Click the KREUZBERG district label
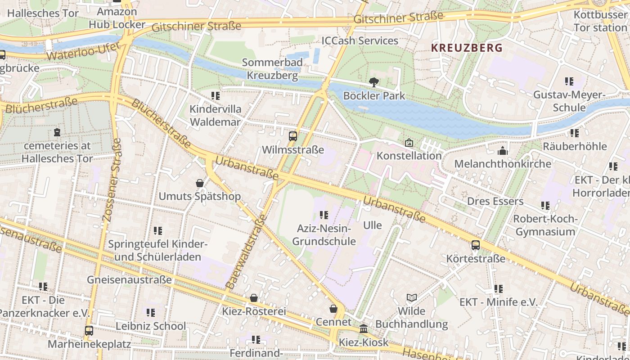coord(467,48)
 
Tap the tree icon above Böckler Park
coord(373,82)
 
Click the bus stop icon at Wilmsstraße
coord(293,136)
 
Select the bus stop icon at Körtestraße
coord(476,245)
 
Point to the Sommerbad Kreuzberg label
coord(272,68)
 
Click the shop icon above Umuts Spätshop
coord(200,183)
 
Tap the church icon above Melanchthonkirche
coord(503,151)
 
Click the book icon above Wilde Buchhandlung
coord(411,297)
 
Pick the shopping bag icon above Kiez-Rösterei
coord(254,298)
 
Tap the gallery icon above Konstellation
coord(409,143)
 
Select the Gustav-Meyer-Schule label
coord(569,101)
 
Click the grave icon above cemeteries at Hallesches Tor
coord(57,132)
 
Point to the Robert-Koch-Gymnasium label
coord(545,225)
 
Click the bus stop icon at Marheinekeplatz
coord(89,331)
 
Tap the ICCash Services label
coord(360,41)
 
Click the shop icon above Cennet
coord(333,309)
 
